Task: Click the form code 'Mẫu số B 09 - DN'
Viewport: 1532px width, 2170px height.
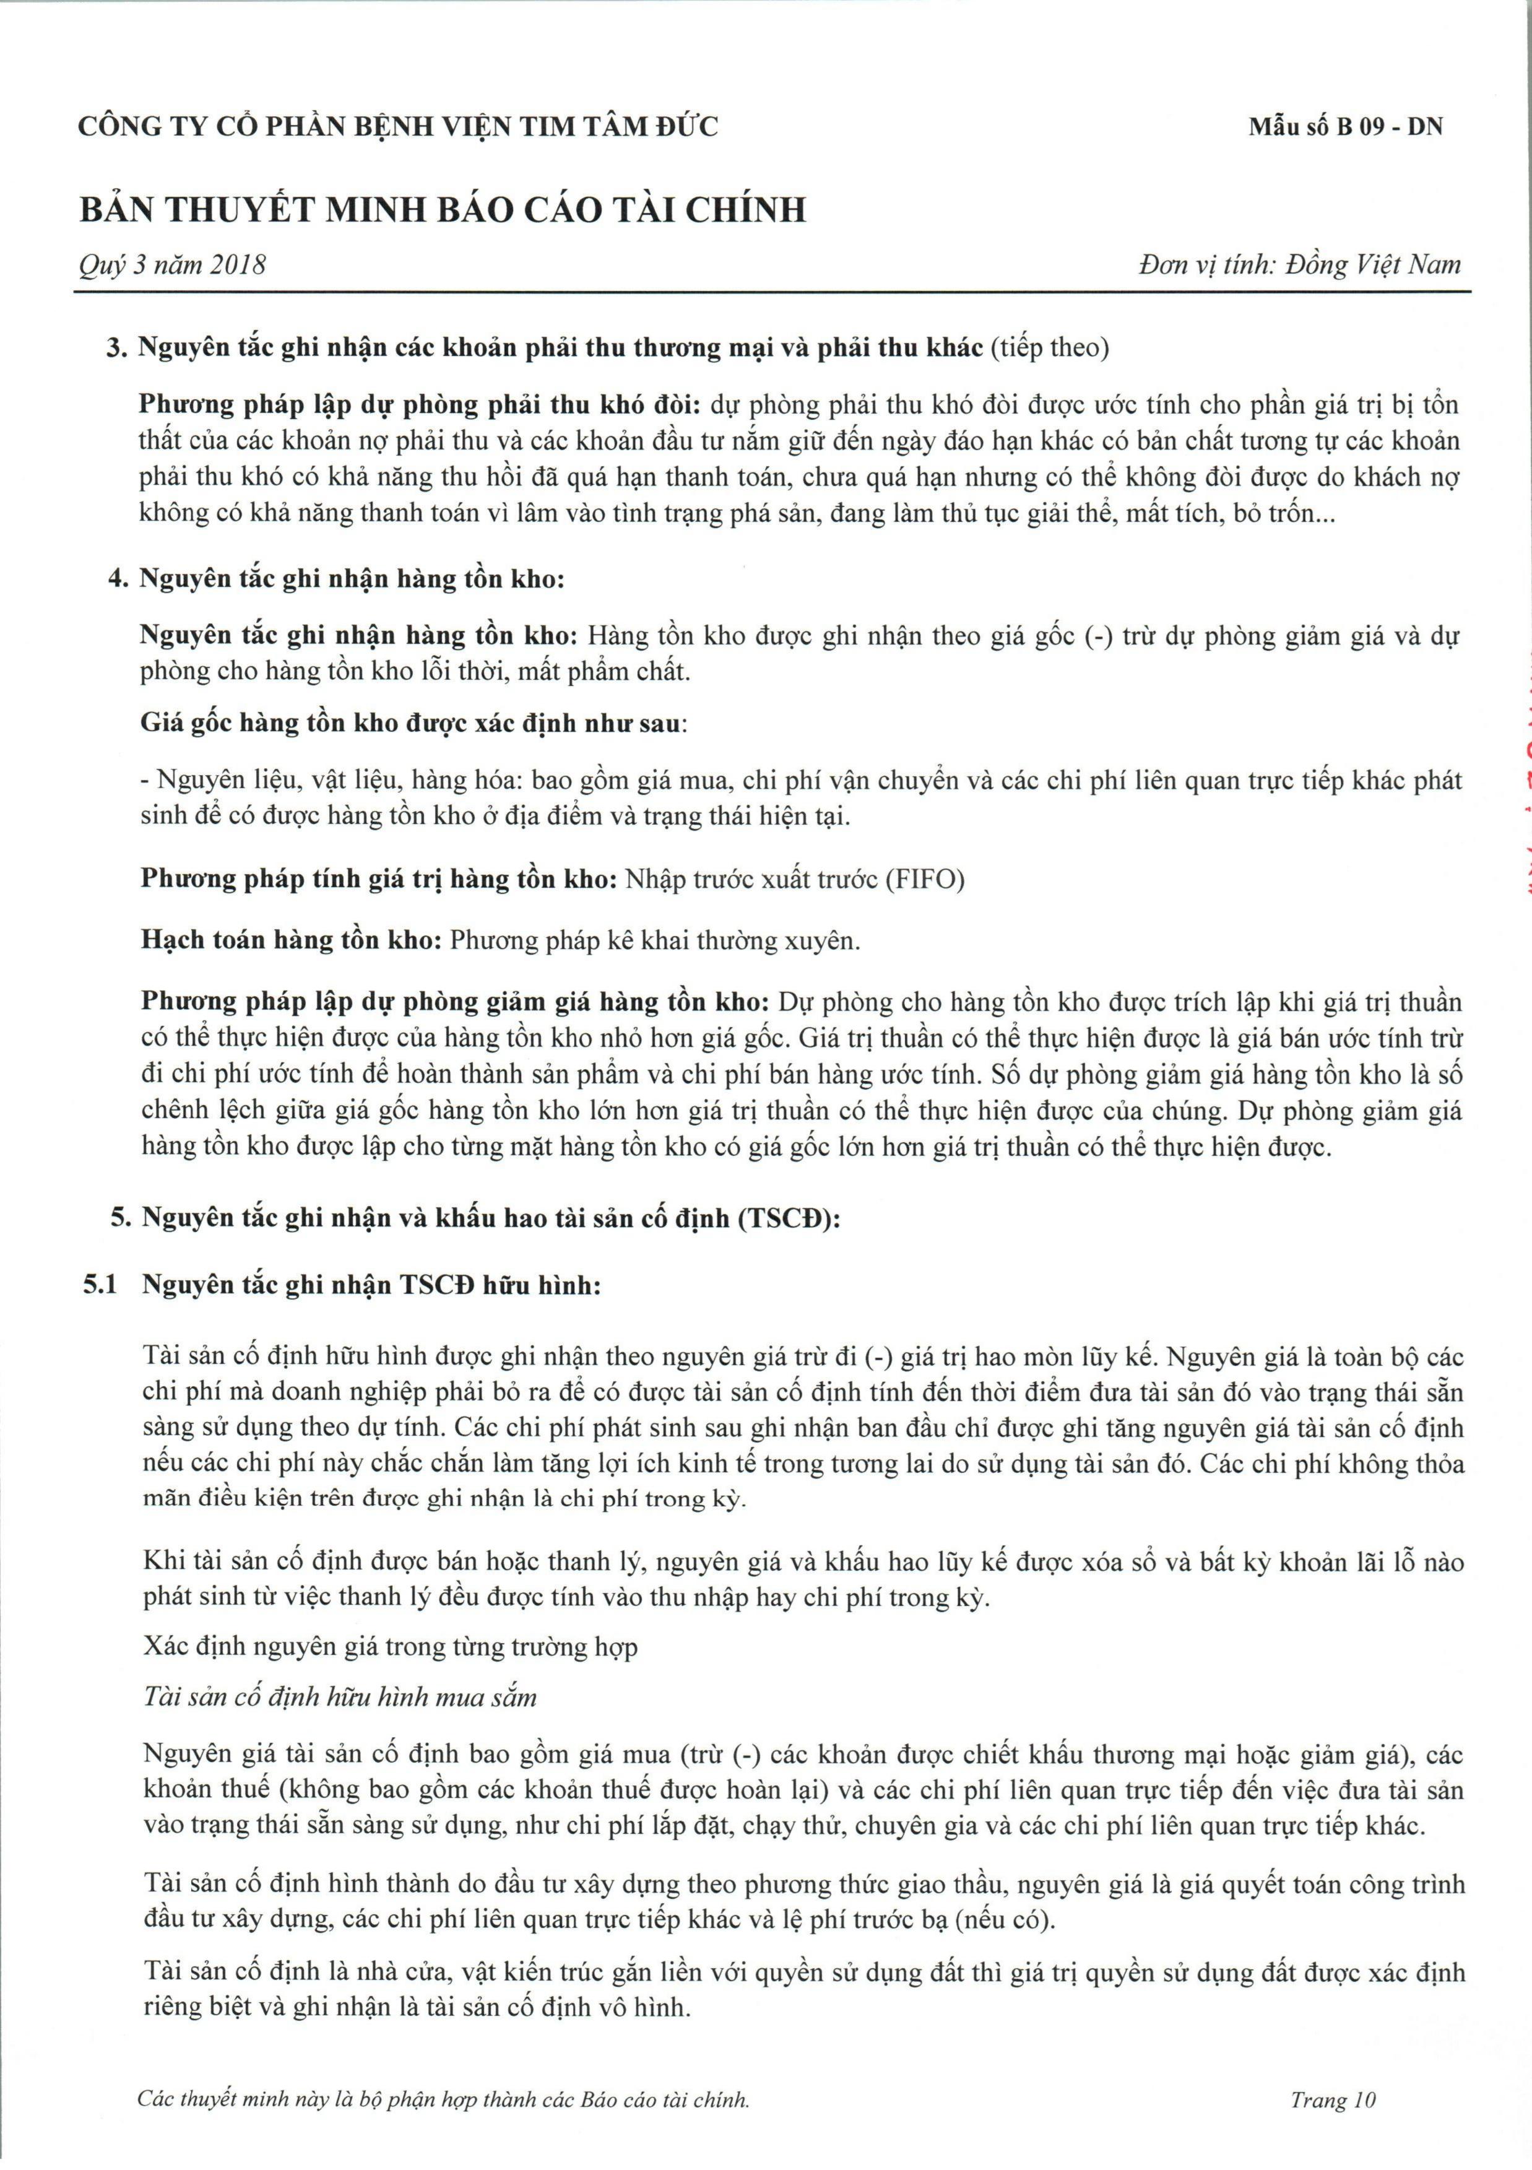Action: [x=1345, y=127]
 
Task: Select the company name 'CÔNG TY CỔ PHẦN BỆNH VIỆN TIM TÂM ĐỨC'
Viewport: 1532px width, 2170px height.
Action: [x=398, y=127]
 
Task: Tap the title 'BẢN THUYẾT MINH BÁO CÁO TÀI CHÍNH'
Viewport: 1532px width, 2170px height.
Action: [x=443, y=210]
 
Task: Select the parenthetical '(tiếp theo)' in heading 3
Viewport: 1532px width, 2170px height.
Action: [x=1049, y=349]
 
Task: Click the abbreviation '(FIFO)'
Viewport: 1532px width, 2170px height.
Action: [x=924, y=880]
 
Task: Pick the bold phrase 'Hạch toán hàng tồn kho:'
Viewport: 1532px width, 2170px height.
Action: [x=291, y=941]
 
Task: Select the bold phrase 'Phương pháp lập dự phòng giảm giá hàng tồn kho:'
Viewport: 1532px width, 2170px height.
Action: [x=456, y=1002]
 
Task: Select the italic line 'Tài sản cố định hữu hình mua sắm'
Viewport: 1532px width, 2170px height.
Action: [x=340, y=1698]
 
